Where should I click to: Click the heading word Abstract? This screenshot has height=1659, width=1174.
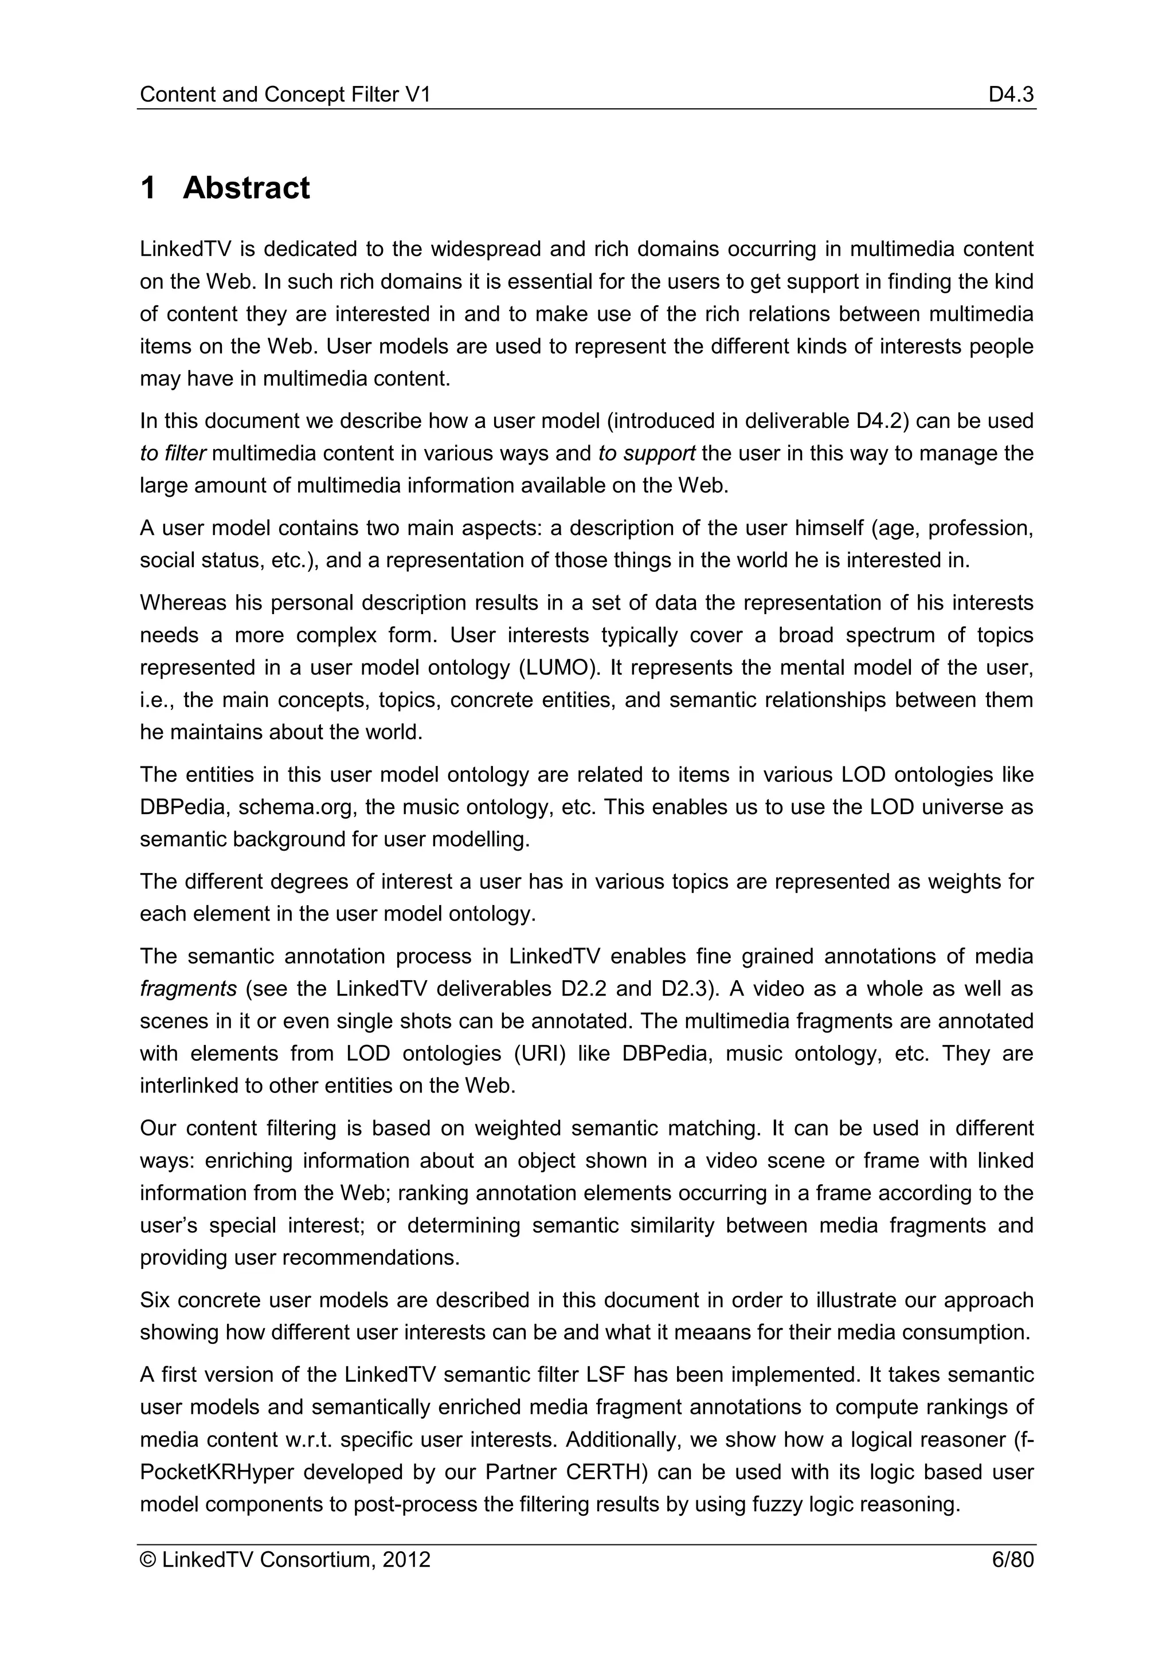pyautogui.click(x=246, y=188)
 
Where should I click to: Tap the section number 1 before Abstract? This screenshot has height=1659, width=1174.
pyautogui.click(x=148, y=188)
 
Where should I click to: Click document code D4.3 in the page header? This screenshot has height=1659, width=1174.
pyautogui.click(x=1011, y=95)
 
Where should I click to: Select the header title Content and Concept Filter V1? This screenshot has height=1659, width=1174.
pyautogui.click(x=285, y=95)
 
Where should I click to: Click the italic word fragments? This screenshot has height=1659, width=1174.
pyautogui.click(x=188, y=988)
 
